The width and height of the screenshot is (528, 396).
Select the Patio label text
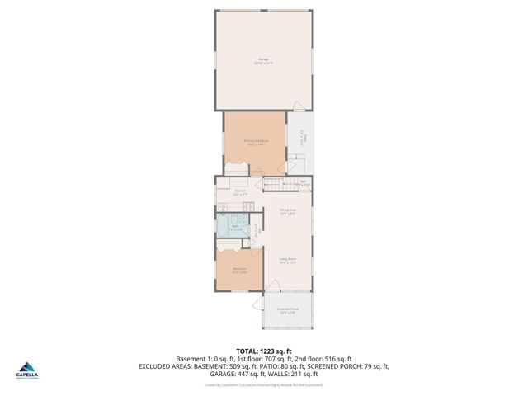[303, 136]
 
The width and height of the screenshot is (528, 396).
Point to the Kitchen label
[240, 192]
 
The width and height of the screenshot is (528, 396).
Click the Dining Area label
[287, 212]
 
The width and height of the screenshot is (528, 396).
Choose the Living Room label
[287, 261]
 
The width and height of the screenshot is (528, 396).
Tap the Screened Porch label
[289, 310]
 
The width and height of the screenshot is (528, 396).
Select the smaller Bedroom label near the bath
[239, 270]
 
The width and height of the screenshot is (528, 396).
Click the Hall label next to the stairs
[303, 182]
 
